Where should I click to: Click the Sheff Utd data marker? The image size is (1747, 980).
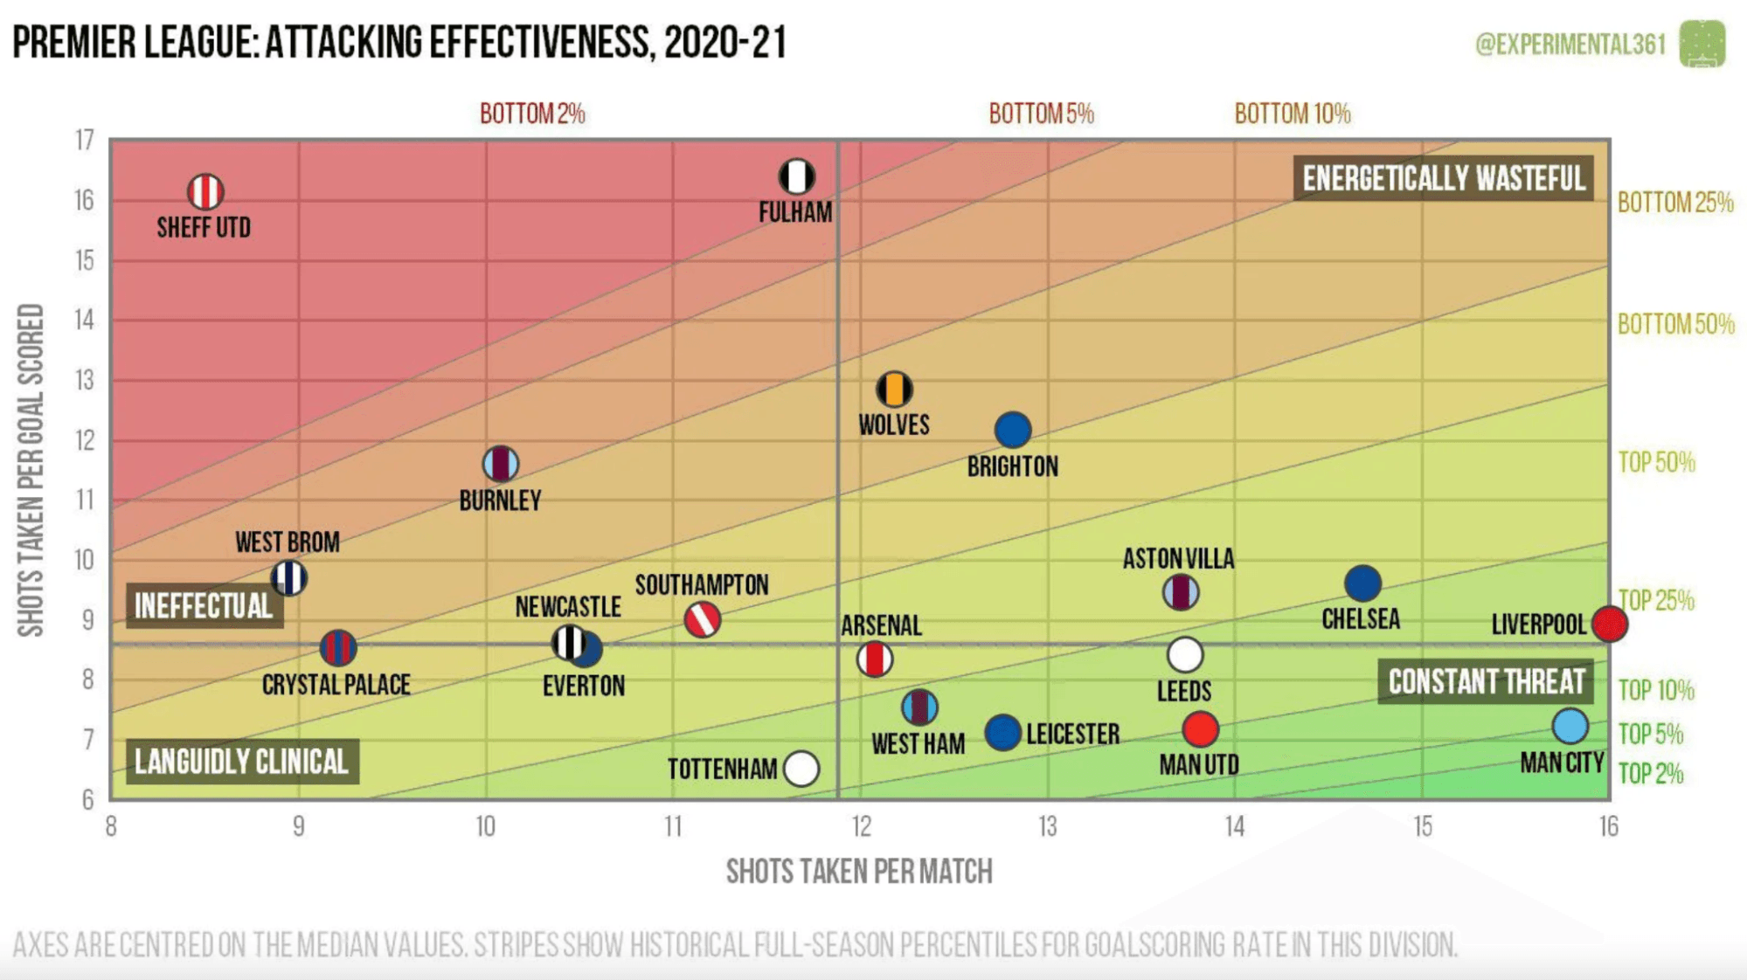pos(205,192)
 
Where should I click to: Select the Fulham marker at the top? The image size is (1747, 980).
pos(797,176)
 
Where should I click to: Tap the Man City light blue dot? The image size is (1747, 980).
pos(1570,726)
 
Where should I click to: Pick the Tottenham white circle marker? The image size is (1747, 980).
pos(801,769)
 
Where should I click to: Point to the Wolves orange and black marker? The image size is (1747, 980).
pos(894,390)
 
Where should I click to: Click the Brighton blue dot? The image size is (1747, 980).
pos(1013,430)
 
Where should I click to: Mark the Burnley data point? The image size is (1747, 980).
pos(501,464)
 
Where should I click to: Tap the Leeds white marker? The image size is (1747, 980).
pos(1185,654)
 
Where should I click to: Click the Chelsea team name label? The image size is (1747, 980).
pos(1361,619)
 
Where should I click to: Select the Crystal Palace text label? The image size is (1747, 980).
pos(336,685)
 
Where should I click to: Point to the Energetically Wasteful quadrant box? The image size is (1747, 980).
pos(1443,178)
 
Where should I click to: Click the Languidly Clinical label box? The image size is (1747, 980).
pos(242,762)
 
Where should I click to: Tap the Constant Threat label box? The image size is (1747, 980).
pos(1486,682)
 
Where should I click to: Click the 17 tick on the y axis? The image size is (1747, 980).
pos(85,140)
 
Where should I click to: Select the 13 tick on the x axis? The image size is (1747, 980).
pos(1048,826)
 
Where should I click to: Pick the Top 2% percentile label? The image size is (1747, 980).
pos(1650,774)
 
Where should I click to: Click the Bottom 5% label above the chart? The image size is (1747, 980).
pos(1041,114)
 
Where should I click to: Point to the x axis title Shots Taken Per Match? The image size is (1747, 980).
pos(859,872)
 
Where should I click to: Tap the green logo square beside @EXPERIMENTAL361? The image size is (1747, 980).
pos(1702,44)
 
